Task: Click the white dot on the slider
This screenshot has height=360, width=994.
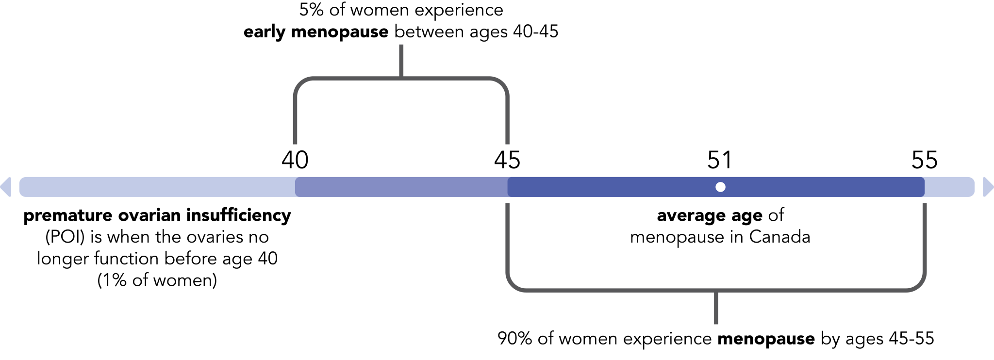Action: click(720, 187)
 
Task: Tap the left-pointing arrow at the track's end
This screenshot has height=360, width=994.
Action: click(6, 187)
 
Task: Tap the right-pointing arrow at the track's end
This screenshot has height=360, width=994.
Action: click(988, 187)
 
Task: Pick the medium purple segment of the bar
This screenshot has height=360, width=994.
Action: click(401, 187)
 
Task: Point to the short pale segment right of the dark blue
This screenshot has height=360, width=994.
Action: click(949, 187)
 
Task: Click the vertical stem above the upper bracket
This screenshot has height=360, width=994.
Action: click(401, 59)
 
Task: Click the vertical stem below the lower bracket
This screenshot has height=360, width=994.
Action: click(716, 309)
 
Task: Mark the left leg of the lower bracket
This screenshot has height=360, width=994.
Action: click(507, 238)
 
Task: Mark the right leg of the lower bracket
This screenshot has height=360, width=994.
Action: click(925, 238)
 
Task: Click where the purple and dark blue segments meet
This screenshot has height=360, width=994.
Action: click(508, 187)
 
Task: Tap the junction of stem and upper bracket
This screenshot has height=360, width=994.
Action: click(401, 77)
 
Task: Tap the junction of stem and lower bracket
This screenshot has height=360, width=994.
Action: click(716, 291)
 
